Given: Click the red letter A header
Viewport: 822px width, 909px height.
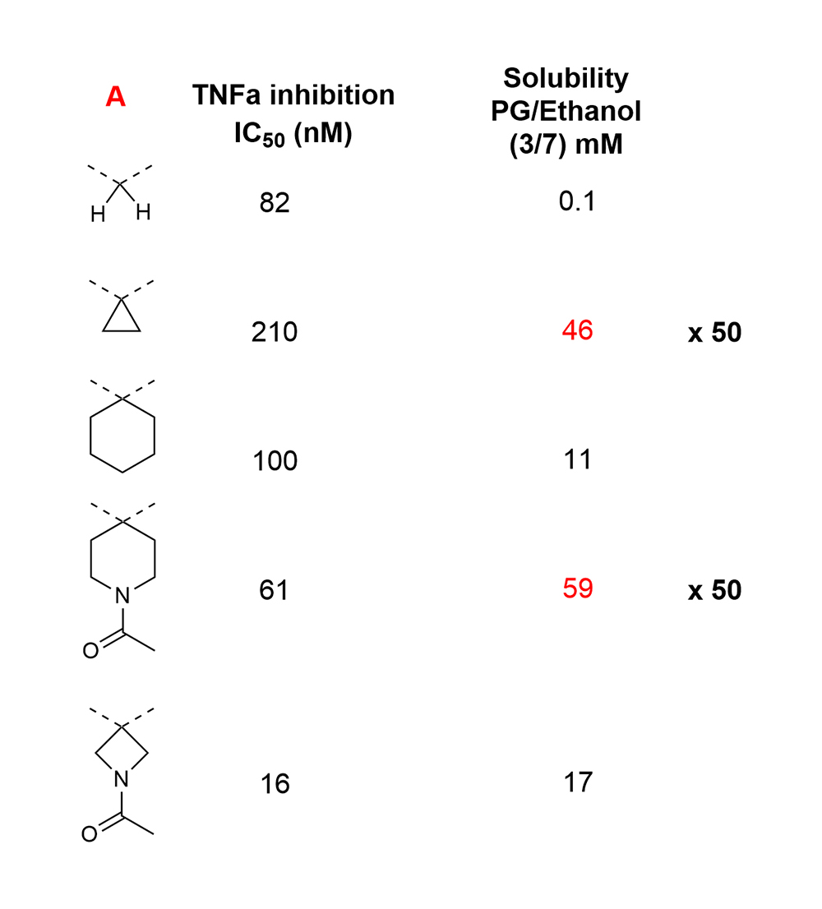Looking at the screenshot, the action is [115, 97].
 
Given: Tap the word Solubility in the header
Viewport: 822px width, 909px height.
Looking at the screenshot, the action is [566, 78].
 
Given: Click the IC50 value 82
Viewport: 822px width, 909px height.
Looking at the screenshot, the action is [275, 202].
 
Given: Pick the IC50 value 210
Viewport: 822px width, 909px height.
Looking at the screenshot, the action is [275, 331].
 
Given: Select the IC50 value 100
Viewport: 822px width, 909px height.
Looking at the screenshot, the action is [275, 461].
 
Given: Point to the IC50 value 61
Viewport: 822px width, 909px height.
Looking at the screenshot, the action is [274, 590].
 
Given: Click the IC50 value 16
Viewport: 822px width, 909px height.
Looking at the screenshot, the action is [275, 784].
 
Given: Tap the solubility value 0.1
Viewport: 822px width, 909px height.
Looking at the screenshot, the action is [577, 201].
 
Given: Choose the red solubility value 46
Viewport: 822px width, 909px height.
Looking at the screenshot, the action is [577, 330].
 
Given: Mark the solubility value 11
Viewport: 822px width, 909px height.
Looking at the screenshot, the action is [577, 459].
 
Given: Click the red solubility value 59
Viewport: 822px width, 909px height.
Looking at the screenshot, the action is [578, 588].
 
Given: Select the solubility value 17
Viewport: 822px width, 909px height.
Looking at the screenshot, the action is [578, 782].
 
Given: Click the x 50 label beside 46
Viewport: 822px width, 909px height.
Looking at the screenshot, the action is [714, 332].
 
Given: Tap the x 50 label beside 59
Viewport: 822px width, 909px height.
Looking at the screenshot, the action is [714, 590].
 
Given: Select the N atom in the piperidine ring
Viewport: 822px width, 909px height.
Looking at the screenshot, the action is [122, 595].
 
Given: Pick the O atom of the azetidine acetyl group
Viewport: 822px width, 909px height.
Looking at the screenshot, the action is [90, 834].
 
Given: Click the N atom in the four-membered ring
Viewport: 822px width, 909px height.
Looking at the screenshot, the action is [121, 779].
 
